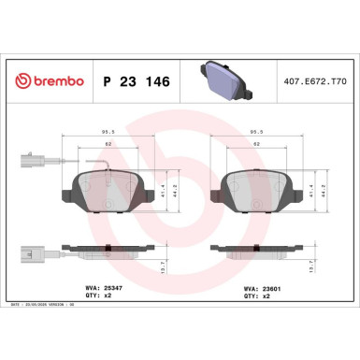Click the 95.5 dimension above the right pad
255,133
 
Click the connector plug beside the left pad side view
26,251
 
